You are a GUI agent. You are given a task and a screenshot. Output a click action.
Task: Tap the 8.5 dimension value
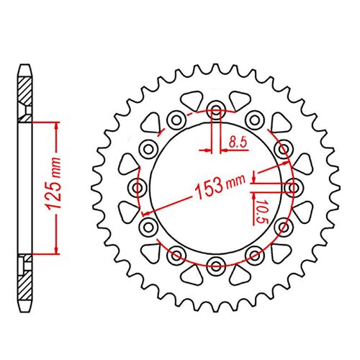(x=235, y=143)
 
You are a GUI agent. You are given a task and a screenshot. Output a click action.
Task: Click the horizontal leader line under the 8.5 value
(x=235, y=150)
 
